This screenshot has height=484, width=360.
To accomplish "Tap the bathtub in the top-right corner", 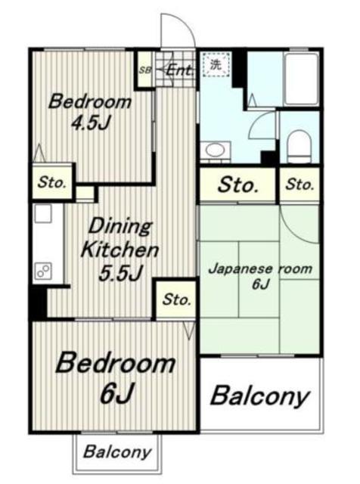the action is coord(301,79).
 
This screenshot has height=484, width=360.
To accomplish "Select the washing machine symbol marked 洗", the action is coord(216,64).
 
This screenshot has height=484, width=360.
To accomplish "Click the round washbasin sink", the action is coord(215,150).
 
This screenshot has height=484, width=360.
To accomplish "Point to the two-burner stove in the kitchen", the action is coord(44,271).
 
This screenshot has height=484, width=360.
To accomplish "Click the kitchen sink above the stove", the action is coord(42,213).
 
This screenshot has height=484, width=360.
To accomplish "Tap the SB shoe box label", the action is coord(144,70).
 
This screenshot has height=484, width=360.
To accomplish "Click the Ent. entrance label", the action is coord(180,70).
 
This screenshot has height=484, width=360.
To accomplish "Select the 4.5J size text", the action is coord(91,123).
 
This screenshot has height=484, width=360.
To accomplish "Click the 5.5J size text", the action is coord(120,272).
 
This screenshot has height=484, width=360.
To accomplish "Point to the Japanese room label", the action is coord(260,269).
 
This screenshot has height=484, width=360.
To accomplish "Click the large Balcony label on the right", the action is coord(259,396).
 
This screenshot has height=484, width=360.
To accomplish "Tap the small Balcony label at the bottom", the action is coord(117,452).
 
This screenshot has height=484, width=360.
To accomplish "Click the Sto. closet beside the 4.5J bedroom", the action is coord(52,182).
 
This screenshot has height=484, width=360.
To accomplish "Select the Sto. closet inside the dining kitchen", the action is coord(176,299).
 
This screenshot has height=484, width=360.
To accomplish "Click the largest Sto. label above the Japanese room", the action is coord(237,185).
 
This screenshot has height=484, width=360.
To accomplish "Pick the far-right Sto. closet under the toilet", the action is coord(299,185).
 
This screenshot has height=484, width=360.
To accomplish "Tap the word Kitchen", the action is coord(119,250).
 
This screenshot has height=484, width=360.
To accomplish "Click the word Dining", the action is coord(120,226).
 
